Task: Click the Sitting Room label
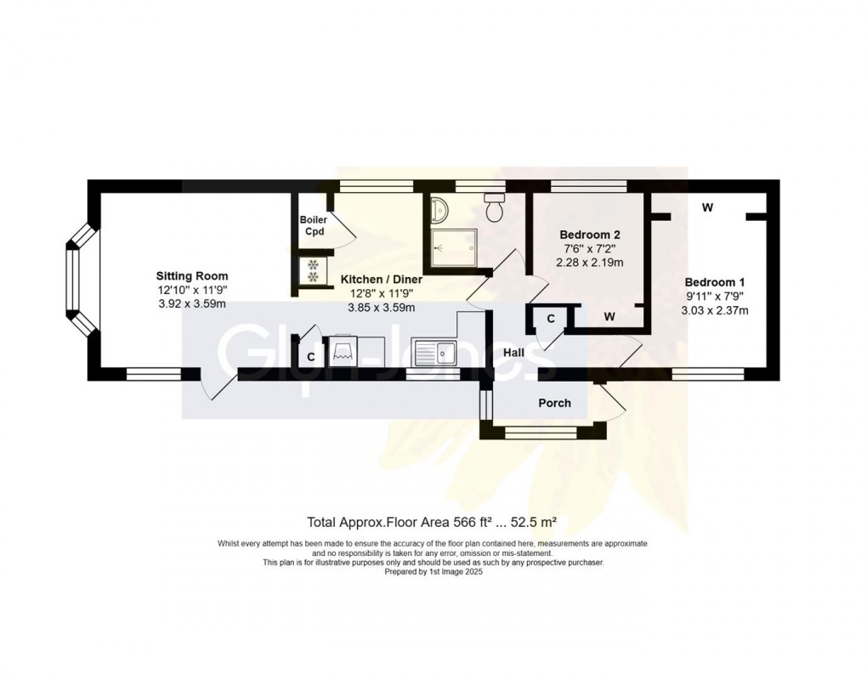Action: [x=192, y=276]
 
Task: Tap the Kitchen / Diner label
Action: [x=382, y=279]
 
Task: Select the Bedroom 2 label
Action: [x=589, y=235]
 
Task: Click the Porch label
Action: [x=554, y=403]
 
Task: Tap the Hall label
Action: [x=513, y=352]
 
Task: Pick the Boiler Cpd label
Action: [x=314, y=225]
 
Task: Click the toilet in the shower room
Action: [x=493, y=206]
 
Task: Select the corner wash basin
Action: [x=440, y=209]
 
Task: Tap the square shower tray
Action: [x=453, y=247]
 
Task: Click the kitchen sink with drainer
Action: [x=433, y=353]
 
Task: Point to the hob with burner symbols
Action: [x=312, y=270]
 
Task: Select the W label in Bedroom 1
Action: [x=707, y=208]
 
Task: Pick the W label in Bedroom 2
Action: [x=609, y=317]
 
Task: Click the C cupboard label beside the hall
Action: [x=551, y=319]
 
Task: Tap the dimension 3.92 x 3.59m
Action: [x=192, y=303]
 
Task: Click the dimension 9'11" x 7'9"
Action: [x=714, y=297]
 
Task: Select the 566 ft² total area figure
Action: [x=473, y=521]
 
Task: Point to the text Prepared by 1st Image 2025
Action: [x=433, y=572]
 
